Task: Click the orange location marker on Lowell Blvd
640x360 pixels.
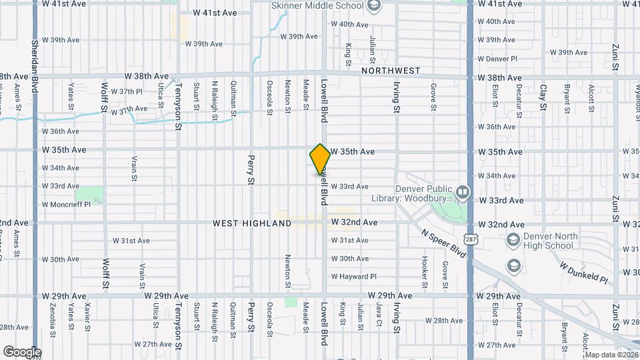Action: pos(320,159)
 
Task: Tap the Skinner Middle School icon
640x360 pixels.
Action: pos(373,6)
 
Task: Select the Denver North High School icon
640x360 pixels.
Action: pos(513,240)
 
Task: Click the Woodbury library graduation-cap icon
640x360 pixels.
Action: pos(461,193)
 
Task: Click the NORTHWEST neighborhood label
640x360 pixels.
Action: pos(391,71)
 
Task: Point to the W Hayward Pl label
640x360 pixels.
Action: pos(353,277)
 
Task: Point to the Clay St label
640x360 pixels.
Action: pos(543,97)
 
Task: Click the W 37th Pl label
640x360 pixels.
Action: pos(127,91)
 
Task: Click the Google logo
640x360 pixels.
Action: pos(22,352)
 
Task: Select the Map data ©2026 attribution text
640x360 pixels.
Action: pos(611,355)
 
